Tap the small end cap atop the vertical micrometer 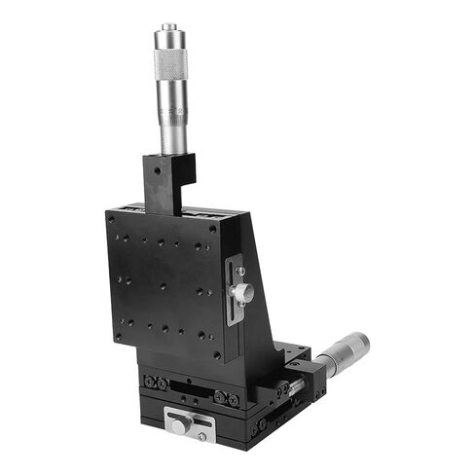170,27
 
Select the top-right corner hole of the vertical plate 213,228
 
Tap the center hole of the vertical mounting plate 163,285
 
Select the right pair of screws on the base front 226,396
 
